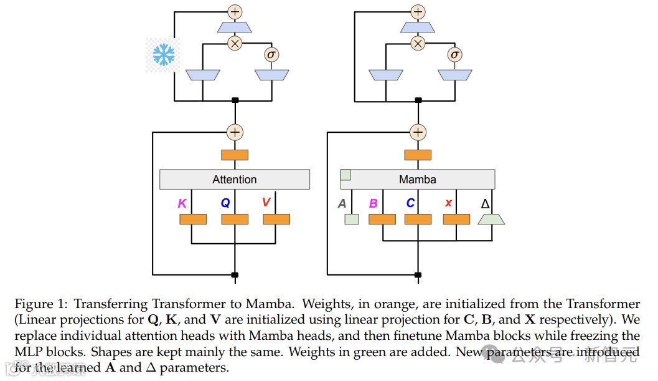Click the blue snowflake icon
[x=164, y=55]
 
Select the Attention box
[x=235, y=180]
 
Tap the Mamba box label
[x=417, y=180]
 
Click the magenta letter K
[x=182, y=203]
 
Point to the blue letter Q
[x=225, y=203]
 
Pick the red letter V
[x=266, y=203]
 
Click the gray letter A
[x=342, y=203]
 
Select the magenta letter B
[x=374, y=203]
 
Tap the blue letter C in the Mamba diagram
[x=410, y=203]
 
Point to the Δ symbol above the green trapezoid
[x=486, y=203]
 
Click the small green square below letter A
[x=352, y=219]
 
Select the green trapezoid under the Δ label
[x=491, y=219]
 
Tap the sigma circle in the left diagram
[x=271, y=54]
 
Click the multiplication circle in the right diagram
[x=418, y=43]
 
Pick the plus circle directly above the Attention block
[x=235, y=132]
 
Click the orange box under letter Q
[x=235, y=219]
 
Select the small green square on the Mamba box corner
[x=345, y=175]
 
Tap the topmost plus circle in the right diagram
[x=418, y=11]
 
